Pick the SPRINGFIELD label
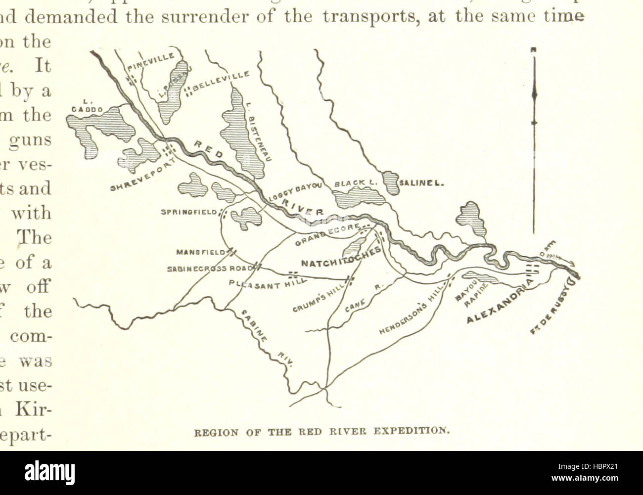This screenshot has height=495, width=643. (x=189, y=213)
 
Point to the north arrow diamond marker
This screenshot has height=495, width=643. (x=534, y=94)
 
